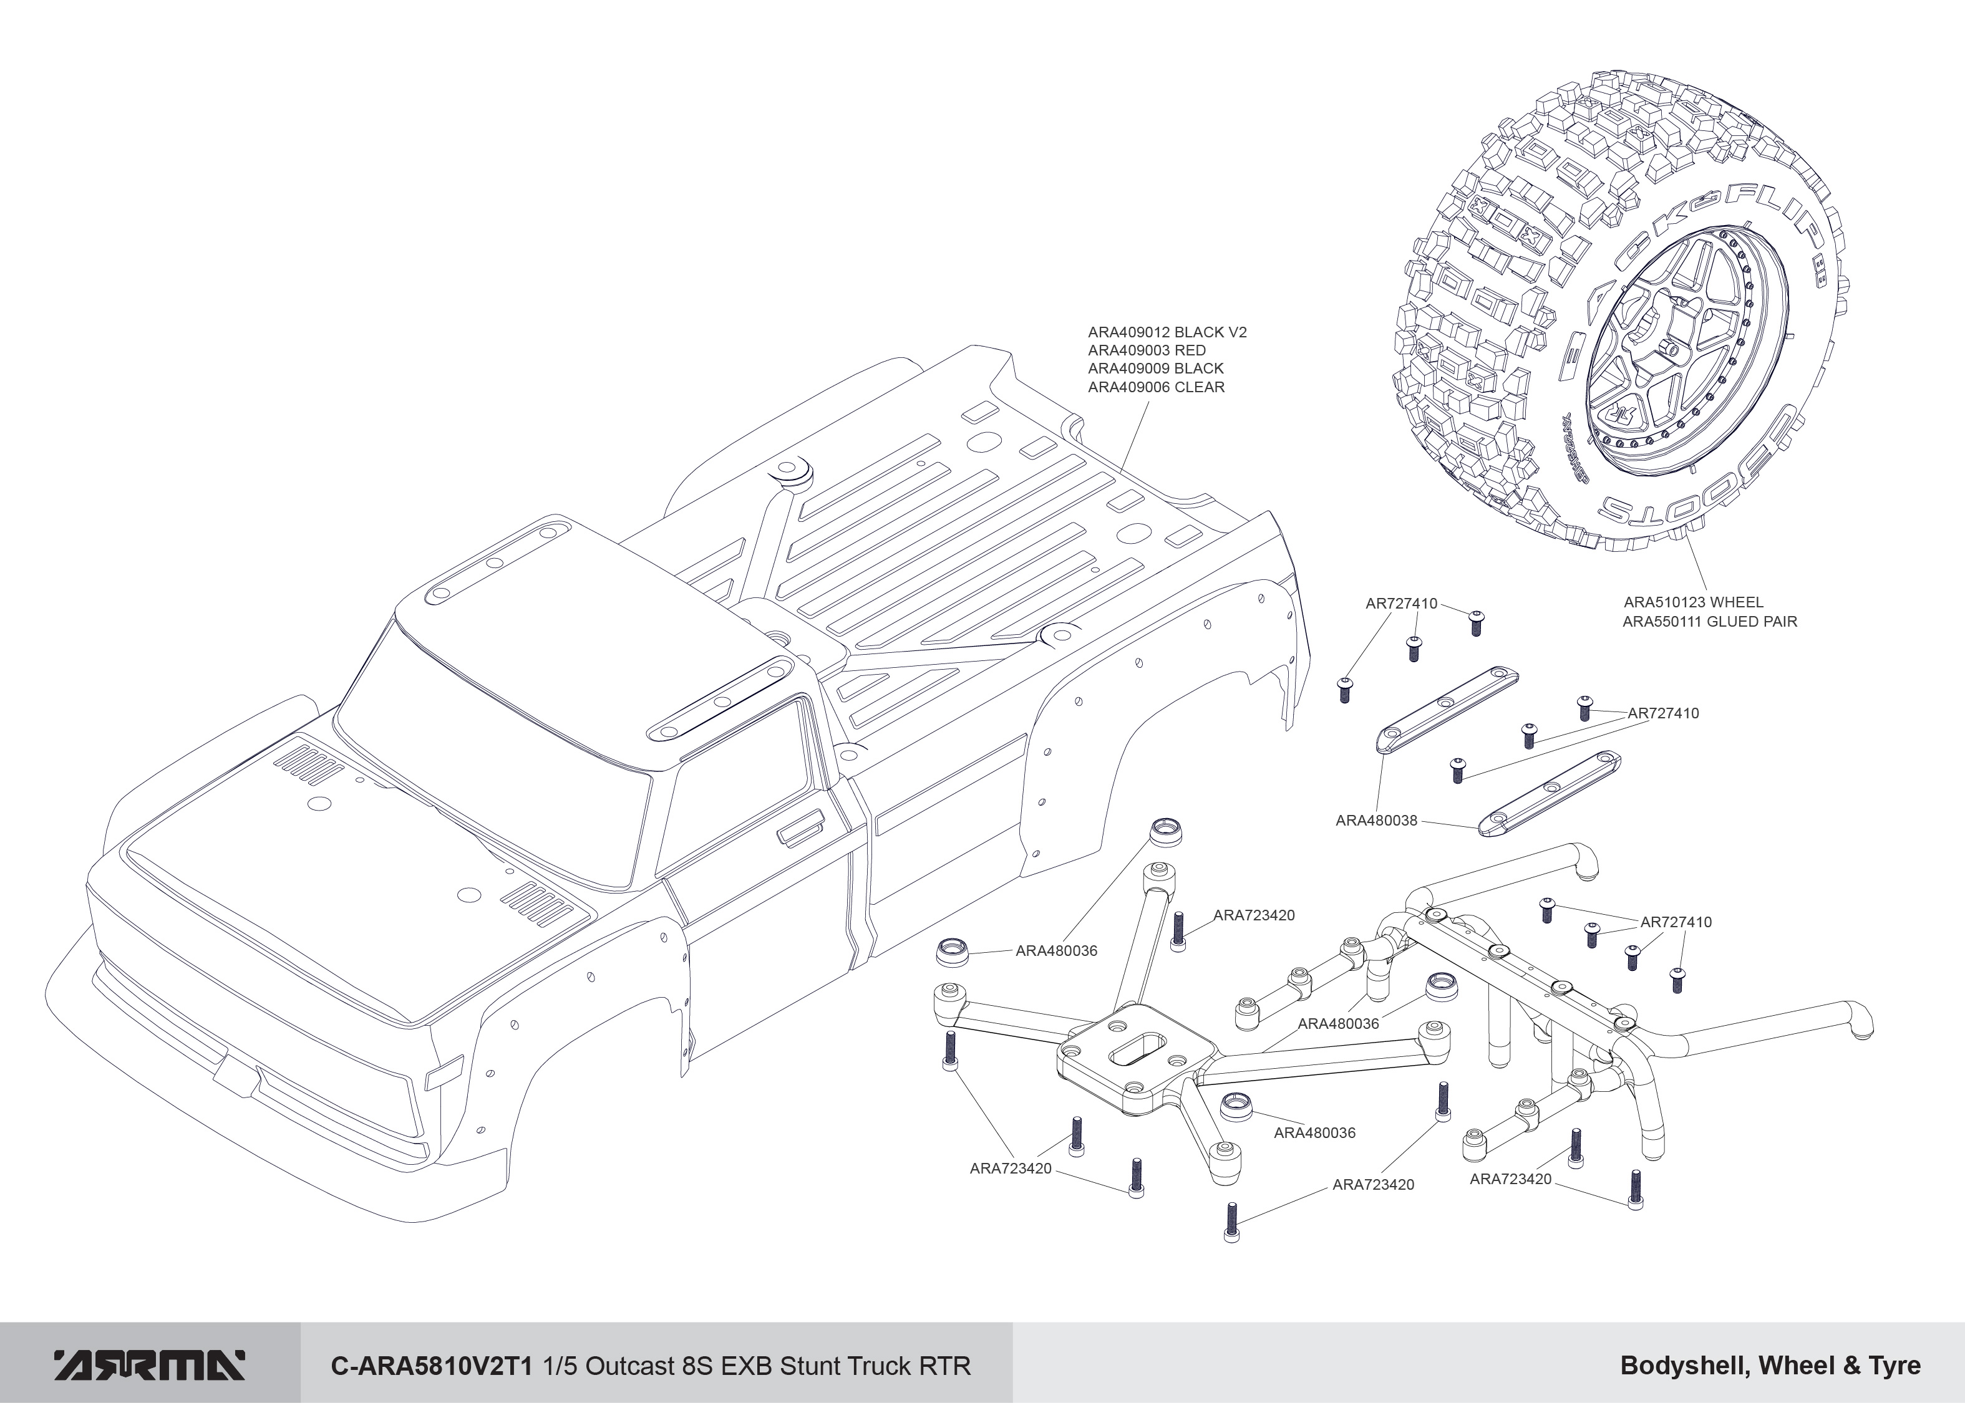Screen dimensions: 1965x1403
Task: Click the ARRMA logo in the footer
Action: click(150, 1365)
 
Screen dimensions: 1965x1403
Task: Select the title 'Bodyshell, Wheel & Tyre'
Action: click(1770, 1366)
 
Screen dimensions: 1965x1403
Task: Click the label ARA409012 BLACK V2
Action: click(1167, 332)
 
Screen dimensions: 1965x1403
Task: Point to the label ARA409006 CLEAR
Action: click(1156, 387)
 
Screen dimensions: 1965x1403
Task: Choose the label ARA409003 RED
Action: click(1147, 350)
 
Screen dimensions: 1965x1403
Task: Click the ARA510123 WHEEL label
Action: click(1694, 602)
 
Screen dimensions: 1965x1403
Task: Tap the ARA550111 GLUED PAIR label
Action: click(1710, 621)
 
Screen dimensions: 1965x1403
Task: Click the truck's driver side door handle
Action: click(801, 829)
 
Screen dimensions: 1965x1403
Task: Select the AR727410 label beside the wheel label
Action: click(1402, 604)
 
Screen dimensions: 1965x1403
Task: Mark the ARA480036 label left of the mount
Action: click(1056, 951)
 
